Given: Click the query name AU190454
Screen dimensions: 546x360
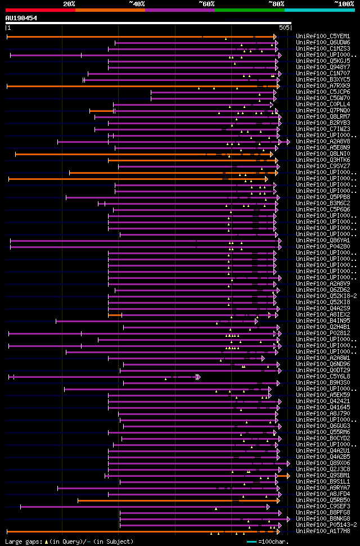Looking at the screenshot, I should click(x=21, y=18).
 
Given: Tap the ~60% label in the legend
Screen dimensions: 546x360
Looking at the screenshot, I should click(x=206, y=4).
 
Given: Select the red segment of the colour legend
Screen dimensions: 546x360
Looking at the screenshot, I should click(x=40, y=10).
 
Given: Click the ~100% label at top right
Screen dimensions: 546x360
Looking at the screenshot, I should click(x=344, y=4).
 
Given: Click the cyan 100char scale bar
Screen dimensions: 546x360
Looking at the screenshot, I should click(x=251, y=542).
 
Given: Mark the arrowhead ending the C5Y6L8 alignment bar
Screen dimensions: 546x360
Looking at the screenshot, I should click(x=198, y=377).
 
